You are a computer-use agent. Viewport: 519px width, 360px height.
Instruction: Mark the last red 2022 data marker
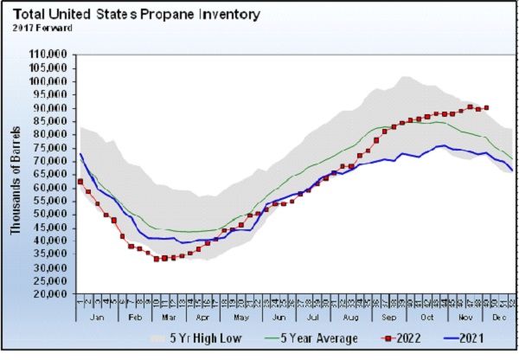(x=487, y=108)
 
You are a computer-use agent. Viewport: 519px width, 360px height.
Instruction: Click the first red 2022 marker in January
(x=80, y=182)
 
